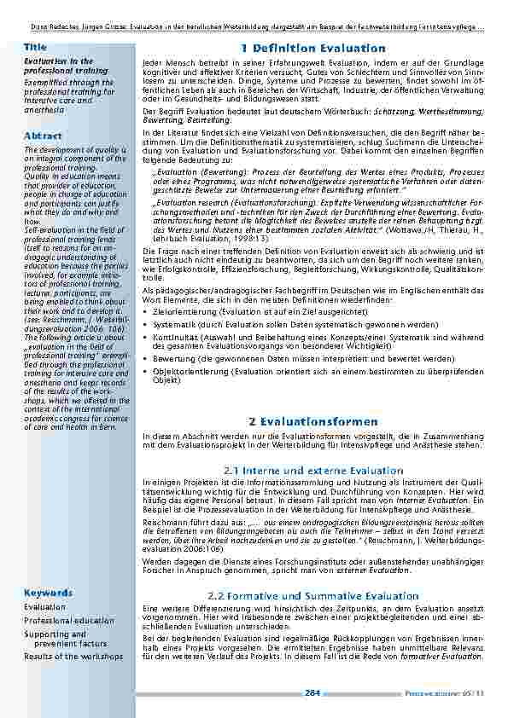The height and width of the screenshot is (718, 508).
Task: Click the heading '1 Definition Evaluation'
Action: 313,49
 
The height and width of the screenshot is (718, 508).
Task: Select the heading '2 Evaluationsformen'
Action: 312,421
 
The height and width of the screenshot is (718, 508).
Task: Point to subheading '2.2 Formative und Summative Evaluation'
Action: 313,594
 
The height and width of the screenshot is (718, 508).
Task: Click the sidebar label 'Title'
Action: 35,46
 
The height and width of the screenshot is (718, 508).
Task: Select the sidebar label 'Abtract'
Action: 42,136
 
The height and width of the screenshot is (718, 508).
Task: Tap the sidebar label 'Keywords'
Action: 48,592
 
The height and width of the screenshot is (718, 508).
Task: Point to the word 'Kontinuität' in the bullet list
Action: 173,339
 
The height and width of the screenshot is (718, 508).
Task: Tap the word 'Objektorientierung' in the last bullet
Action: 181,372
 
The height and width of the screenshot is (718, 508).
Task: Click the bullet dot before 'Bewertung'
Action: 146,360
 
